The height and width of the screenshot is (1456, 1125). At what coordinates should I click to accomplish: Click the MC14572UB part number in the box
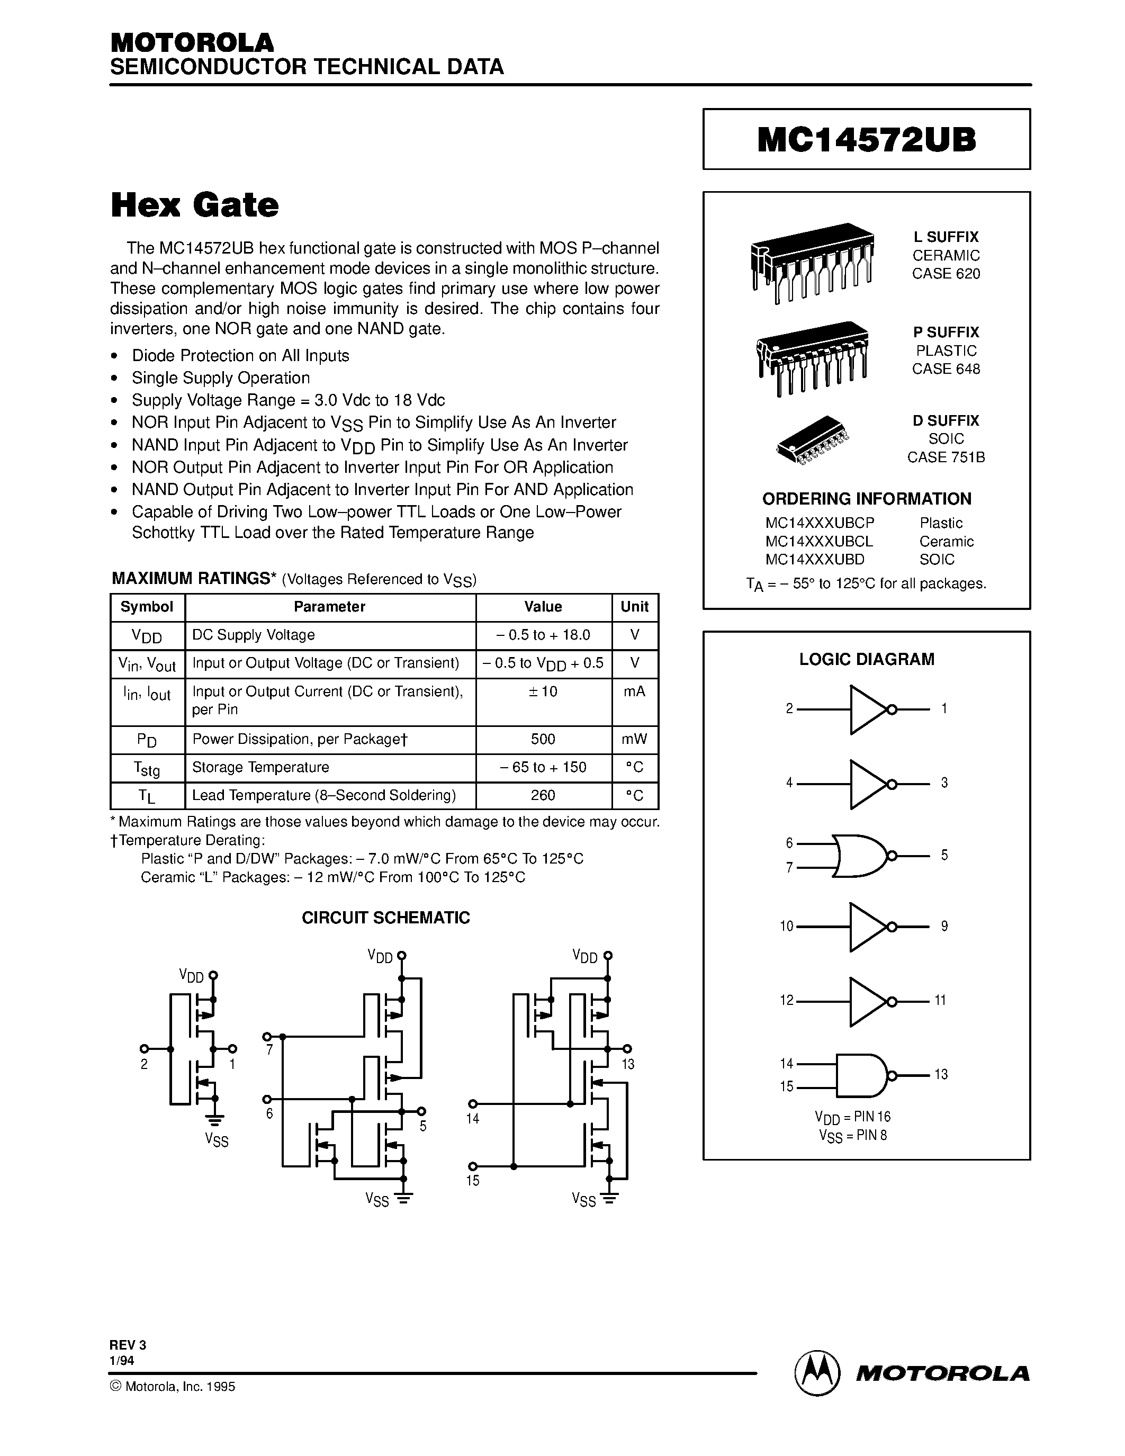coord(867,140)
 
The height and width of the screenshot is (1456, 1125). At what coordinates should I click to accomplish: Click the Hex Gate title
coord(195,205)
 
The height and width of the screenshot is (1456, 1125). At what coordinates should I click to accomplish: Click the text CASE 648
coord(946,369)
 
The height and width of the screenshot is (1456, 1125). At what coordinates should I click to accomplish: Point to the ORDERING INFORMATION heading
coord(867,499)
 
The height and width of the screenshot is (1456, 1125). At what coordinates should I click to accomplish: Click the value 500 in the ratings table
coord(543,739)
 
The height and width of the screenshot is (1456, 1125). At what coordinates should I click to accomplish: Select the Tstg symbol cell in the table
coord(148,768)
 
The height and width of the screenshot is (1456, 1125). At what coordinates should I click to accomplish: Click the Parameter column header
coord(329,607)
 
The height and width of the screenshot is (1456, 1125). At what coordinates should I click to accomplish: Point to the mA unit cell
coord(634,692)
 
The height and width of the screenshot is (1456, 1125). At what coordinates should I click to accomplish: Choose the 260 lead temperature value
coord(543,795)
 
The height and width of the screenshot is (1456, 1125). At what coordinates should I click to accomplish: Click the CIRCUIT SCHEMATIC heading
coord(385,918)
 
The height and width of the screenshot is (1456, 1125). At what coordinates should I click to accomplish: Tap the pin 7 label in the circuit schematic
coord(269,1050)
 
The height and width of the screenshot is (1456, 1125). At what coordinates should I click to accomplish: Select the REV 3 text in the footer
coord(127,1345)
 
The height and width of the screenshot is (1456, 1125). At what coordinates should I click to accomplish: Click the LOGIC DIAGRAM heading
coord(867,659)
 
